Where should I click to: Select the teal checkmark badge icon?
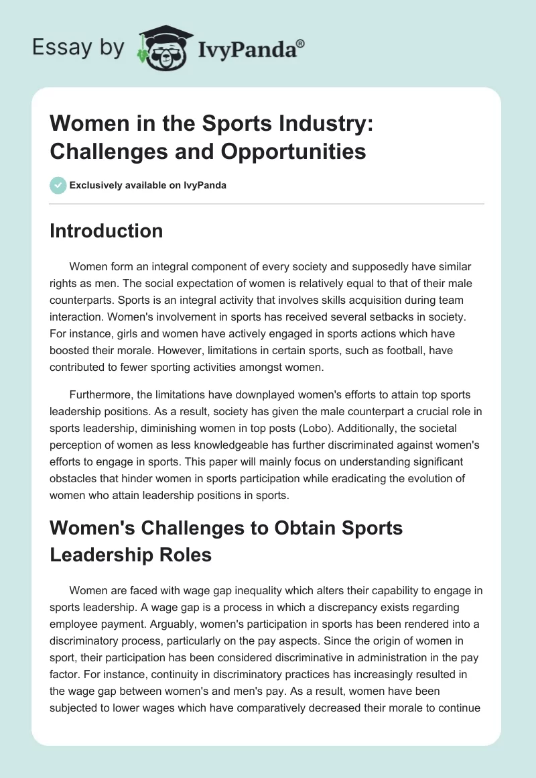(58, 185)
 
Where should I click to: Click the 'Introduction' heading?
(107, 231)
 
